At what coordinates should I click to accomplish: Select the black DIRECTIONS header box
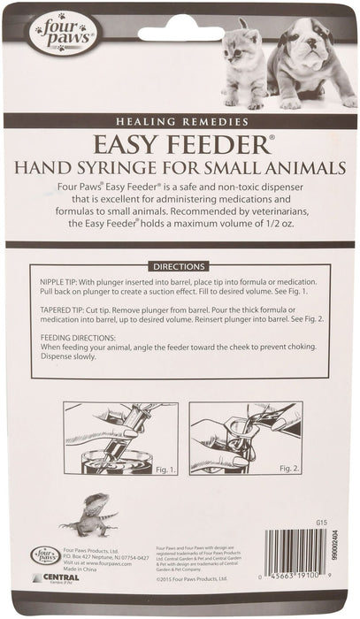coord(180,265)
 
